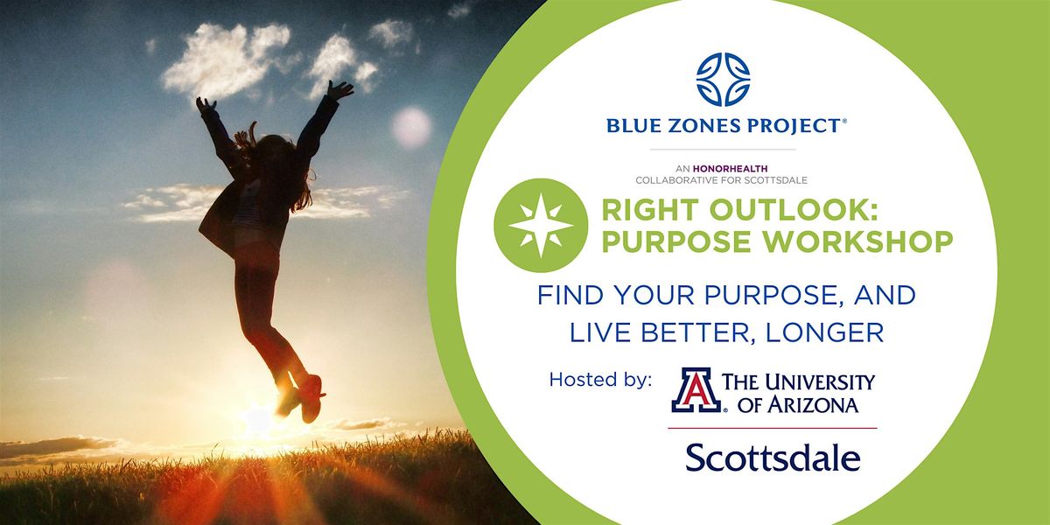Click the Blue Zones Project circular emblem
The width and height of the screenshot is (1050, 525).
(x=723, y=80)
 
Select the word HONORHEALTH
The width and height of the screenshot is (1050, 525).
(x=731, y=169)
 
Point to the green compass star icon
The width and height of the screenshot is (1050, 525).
(x=541, y=226)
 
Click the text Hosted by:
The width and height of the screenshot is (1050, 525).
(x=600, y=379)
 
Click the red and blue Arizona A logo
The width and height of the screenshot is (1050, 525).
(x=696, y=390)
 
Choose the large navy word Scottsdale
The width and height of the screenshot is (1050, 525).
(x=773, y=458)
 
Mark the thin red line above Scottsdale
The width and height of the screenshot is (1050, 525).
(x=772, y=428)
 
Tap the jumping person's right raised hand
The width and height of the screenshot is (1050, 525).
(x=339, y=89)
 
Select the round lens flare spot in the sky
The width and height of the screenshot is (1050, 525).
(x=411, y=127)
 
